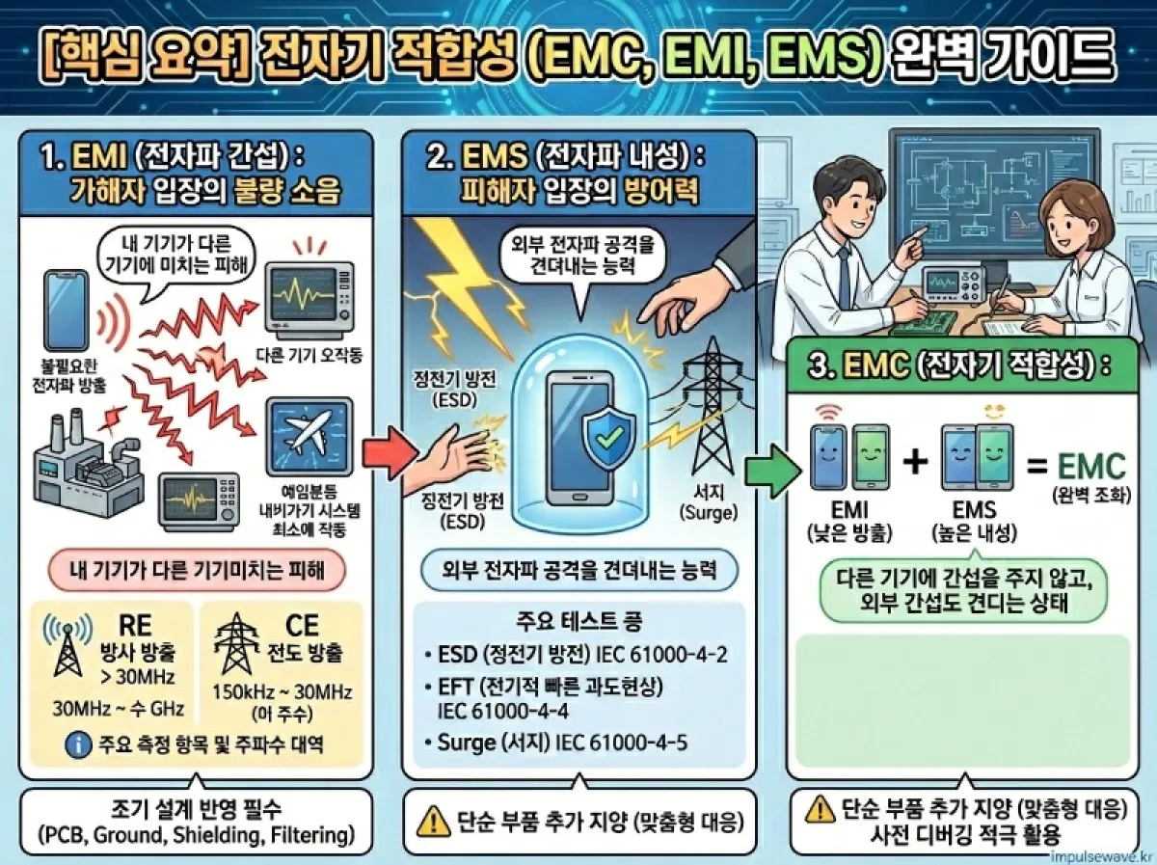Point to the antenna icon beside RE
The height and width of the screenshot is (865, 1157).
[66, 642]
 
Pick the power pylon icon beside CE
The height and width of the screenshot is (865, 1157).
[234, 642]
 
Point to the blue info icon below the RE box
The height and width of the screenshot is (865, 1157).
[73, 744]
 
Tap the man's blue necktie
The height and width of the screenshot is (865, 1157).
[845, 274]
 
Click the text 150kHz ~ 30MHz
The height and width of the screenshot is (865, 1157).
[281, 691]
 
